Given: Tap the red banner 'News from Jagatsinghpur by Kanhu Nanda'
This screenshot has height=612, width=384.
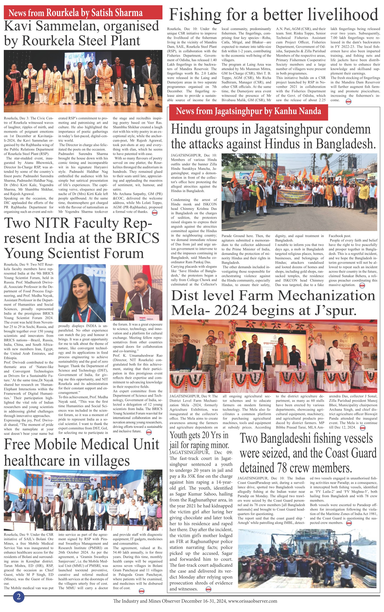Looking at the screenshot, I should [x=248, y=111].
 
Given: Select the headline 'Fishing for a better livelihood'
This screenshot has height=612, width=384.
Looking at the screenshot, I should [x=274, y=15].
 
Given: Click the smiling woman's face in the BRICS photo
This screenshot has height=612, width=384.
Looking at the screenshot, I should [x=79, y=287].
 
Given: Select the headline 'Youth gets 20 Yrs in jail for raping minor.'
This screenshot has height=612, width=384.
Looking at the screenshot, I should [x=199, y=440].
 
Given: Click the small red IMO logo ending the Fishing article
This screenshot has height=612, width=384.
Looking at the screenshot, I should [x=349, y=101].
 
